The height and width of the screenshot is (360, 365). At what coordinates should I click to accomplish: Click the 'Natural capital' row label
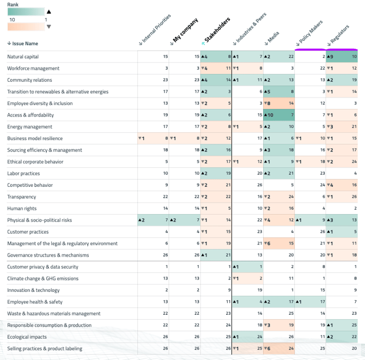[x=23, y=57]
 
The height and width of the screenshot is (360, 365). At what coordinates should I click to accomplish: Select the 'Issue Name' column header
[x=23, y=44]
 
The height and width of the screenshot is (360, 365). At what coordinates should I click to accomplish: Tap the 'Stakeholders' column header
[x=217, y=30]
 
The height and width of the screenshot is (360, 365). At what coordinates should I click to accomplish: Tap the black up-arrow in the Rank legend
[x=48, y=11]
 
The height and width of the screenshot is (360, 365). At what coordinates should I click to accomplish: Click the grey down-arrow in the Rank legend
[x=48, y=26]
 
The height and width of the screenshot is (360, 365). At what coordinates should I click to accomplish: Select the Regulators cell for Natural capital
[x=342, y=57]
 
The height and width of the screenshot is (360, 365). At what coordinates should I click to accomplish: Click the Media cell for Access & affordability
[x=279, y=115]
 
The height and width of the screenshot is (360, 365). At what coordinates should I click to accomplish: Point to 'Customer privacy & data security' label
[x=42, y=267]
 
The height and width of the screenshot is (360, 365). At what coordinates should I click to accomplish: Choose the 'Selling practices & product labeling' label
[x=45, y=349]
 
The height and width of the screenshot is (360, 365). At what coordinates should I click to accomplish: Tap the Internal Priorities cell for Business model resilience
[x=153, y=138]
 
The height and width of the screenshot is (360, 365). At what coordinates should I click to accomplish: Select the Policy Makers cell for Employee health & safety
[x=311, y=302]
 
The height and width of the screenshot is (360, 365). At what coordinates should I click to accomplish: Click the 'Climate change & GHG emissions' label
[x=42, y=278]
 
